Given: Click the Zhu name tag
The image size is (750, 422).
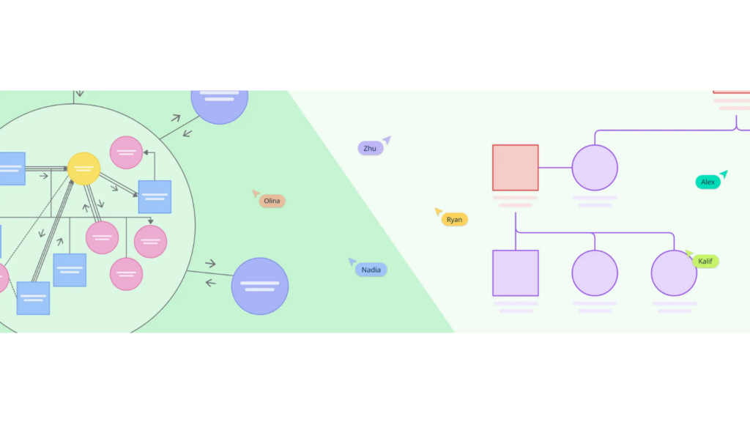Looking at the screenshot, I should point(370,149).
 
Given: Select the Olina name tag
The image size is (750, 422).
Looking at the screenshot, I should point(272,201).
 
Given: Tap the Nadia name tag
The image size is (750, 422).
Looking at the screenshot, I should point(371,270).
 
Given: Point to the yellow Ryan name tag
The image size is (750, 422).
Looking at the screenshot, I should point(454,219).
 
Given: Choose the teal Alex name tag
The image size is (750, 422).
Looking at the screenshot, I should point(708,182).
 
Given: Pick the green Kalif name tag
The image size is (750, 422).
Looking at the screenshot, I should point(705,262).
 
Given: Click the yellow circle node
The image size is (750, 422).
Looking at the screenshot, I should point(83,169).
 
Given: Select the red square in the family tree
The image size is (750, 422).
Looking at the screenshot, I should point(515,168).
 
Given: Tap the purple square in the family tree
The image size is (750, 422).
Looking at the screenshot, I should point(515,273).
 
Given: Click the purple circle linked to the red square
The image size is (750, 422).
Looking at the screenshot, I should point(595,168).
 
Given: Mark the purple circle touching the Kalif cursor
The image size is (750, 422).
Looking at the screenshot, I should point(673,273).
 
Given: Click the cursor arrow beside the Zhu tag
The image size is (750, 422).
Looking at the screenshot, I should point(386,139).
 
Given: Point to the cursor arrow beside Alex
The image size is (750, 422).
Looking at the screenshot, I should point(724,174).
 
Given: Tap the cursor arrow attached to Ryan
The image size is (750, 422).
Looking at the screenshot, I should point(439,211).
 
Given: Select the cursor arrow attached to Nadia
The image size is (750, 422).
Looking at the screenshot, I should point(352,262).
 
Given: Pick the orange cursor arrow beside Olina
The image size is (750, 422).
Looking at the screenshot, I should point(256,193).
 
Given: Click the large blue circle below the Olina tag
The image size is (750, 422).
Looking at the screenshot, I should point(260,286).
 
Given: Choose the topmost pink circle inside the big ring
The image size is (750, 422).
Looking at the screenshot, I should point(126,152).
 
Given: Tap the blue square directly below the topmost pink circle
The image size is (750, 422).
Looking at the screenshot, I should point(155,196).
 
